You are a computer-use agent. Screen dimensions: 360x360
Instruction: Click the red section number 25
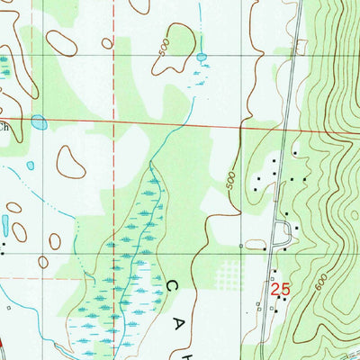point(280,289)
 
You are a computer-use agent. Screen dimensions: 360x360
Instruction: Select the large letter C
point(172,285)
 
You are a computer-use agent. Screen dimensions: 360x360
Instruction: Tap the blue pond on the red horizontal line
point(39,121)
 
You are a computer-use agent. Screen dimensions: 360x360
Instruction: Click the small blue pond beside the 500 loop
point(202,56)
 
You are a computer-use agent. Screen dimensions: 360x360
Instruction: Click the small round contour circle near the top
point(107,42)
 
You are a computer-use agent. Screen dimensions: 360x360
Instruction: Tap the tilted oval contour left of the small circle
point(61,42)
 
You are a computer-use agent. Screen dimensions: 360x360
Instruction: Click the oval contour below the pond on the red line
point(70,161)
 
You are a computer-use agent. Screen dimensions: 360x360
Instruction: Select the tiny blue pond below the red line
point(31,166)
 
